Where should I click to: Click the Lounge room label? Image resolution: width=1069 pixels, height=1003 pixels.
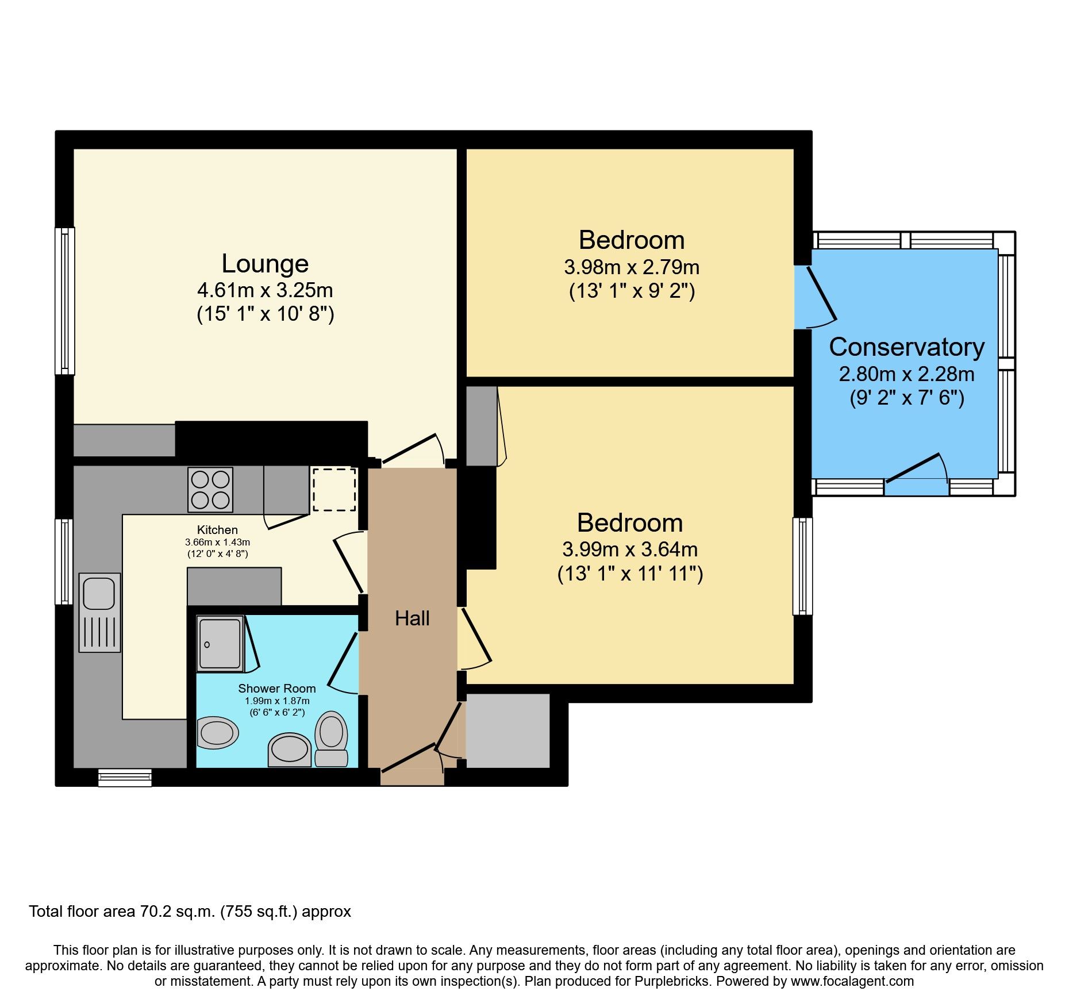[265, 264]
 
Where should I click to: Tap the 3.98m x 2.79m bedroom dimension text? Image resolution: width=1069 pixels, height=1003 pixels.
[631, 267]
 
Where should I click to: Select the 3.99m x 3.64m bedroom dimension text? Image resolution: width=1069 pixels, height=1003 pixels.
[629, 549]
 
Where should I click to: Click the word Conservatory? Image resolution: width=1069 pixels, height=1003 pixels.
[906, 347]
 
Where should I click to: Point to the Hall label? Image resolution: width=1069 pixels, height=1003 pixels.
[412, 618]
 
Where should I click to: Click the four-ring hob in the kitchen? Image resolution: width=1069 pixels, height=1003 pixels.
[210, 490]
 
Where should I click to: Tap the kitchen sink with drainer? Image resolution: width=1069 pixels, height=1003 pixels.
[99, 612]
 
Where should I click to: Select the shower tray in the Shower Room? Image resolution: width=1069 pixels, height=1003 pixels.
[220, 643]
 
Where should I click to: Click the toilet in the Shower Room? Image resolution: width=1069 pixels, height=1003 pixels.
[331, 738]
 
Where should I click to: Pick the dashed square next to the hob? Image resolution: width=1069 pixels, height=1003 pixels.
[334, 490]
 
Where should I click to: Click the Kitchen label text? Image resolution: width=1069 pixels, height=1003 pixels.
[217, 530]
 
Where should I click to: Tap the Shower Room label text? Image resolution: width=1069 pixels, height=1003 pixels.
[276, 689]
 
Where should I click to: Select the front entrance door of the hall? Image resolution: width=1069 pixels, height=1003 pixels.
[409, 758]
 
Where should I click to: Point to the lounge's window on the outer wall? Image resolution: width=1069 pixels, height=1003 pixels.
[65, 301]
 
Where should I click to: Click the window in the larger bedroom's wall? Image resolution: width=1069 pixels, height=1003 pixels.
[802, 566]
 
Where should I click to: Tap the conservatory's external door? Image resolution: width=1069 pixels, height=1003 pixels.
[914, 469]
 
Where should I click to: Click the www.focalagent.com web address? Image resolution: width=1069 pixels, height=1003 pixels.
[852, 981]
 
